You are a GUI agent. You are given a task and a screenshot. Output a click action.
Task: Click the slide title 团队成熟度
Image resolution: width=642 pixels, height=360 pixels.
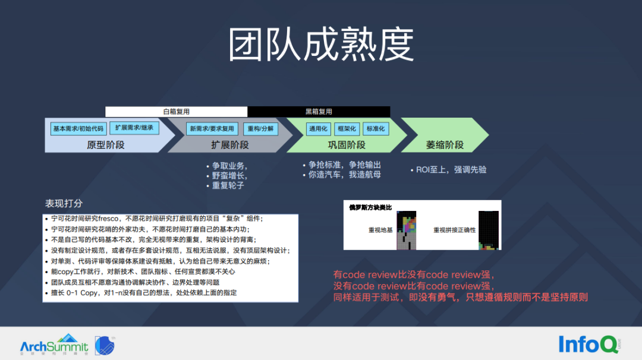(321, 45)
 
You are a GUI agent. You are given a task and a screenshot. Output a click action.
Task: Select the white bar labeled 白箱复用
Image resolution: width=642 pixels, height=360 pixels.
(177, 112)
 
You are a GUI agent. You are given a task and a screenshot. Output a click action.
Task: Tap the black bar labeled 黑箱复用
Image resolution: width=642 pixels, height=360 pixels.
(319, 112)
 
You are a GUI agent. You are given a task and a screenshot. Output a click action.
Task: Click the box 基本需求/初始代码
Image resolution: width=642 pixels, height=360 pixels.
(78, 128)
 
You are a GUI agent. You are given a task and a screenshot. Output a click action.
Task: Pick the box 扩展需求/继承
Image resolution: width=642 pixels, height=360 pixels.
(134, 128)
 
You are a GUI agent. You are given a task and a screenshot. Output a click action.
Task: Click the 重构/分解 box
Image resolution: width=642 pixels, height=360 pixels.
(260, 129)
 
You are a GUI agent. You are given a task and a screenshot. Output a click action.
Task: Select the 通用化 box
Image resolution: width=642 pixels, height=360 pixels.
(318, 129)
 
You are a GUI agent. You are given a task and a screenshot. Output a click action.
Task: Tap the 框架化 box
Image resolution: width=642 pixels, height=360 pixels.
(347, 129)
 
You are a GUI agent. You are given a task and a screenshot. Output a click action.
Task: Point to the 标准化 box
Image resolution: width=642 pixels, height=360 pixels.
(375, 129)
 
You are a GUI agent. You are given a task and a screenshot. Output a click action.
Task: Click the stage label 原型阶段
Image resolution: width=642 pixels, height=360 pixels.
(106, 145)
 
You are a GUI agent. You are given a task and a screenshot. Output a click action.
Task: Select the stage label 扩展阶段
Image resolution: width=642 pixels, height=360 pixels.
(230, 145)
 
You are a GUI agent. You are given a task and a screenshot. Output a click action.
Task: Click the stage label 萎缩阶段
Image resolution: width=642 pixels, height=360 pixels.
(445, 145)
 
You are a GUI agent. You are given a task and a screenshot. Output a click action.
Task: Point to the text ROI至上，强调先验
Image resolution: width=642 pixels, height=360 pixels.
(451, 170)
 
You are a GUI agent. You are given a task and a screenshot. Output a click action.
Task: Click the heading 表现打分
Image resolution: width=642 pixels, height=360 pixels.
(64, 204)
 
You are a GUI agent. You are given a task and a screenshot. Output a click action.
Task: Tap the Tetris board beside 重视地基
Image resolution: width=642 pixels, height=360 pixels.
(407, 229)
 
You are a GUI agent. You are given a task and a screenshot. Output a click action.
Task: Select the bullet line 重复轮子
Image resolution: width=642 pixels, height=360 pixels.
(228, 185)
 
